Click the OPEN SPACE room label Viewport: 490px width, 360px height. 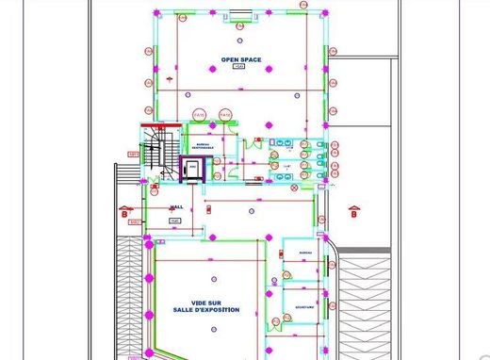240,59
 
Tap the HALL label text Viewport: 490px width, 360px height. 175,208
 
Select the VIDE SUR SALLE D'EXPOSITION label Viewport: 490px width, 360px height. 205,304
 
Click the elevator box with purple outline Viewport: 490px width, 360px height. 193,170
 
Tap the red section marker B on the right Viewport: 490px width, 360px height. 353,212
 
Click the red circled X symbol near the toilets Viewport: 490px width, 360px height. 294,188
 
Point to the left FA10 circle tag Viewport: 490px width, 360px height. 198,114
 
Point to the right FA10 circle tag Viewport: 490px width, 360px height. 224,114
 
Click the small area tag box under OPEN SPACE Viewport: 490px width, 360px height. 238,69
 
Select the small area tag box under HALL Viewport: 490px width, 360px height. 175,220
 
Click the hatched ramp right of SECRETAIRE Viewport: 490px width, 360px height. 363,302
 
